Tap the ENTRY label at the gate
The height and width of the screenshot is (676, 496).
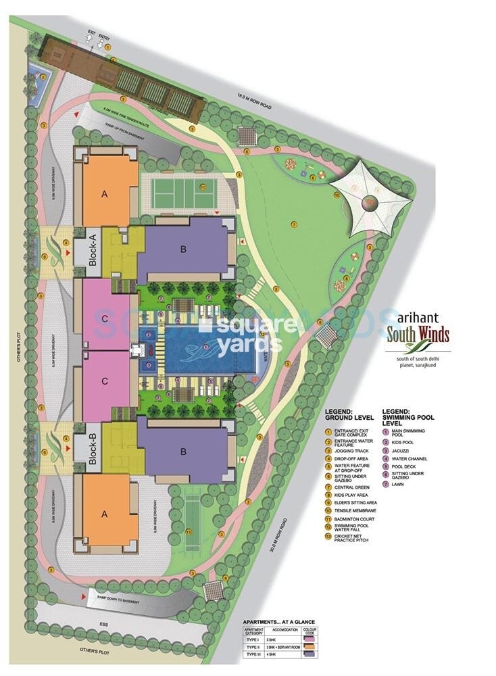(x=103, y=32)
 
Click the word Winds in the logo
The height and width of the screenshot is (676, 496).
(x=428, y=335)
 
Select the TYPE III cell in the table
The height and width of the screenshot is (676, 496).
(x=255, y=654)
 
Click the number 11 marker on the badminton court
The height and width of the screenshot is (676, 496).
(x=203, y=187)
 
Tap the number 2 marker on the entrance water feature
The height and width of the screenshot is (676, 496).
(x=43, y=77)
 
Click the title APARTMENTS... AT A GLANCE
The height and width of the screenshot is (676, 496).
(x=279, y=621)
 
